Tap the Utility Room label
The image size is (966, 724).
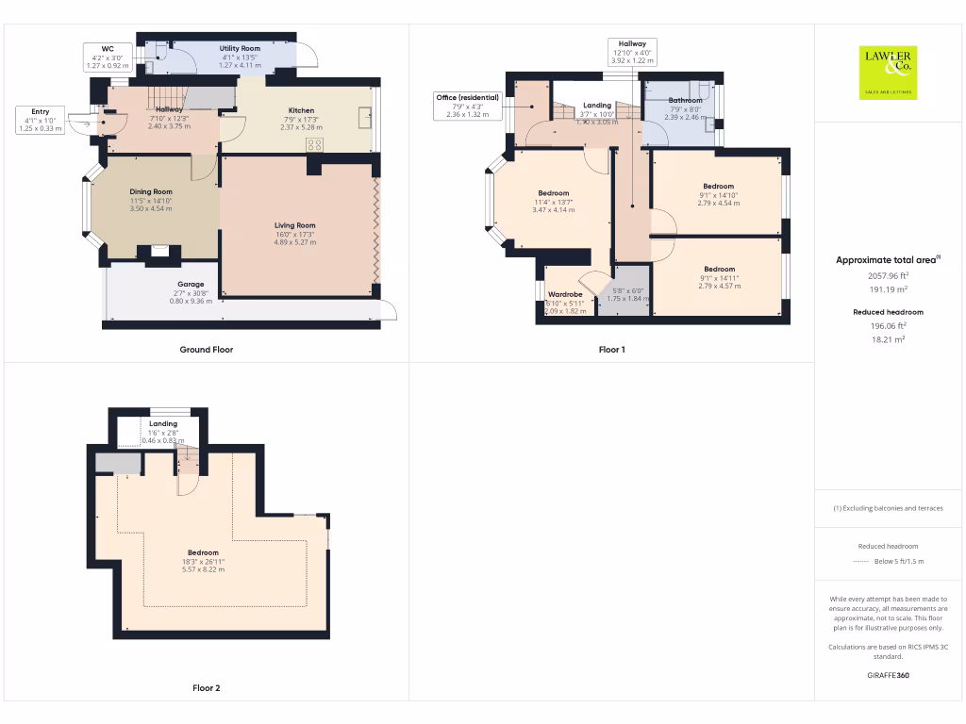coord(240,48)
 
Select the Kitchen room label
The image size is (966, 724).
coord(301,110)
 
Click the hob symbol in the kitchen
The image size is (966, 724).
coord(315,145)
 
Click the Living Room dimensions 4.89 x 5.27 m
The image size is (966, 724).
coord(294,242)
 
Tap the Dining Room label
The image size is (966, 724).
coord(151,191)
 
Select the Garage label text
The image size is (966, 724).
coord(192,284)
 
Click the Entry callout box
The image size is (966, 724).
coord(40,120)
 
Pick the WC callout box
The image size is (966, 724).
coord(108,57)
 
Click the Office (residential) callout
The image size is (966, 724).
coord(467,106)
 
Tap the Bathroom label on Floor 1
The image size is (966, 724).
coord(685,100)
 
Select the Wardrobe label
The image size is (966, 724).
coord(565,294)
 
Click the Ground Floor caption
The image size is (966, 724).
coord(207,350)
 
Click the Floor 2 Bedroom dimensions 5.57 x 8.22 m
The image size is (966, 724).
coord(203,570)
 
